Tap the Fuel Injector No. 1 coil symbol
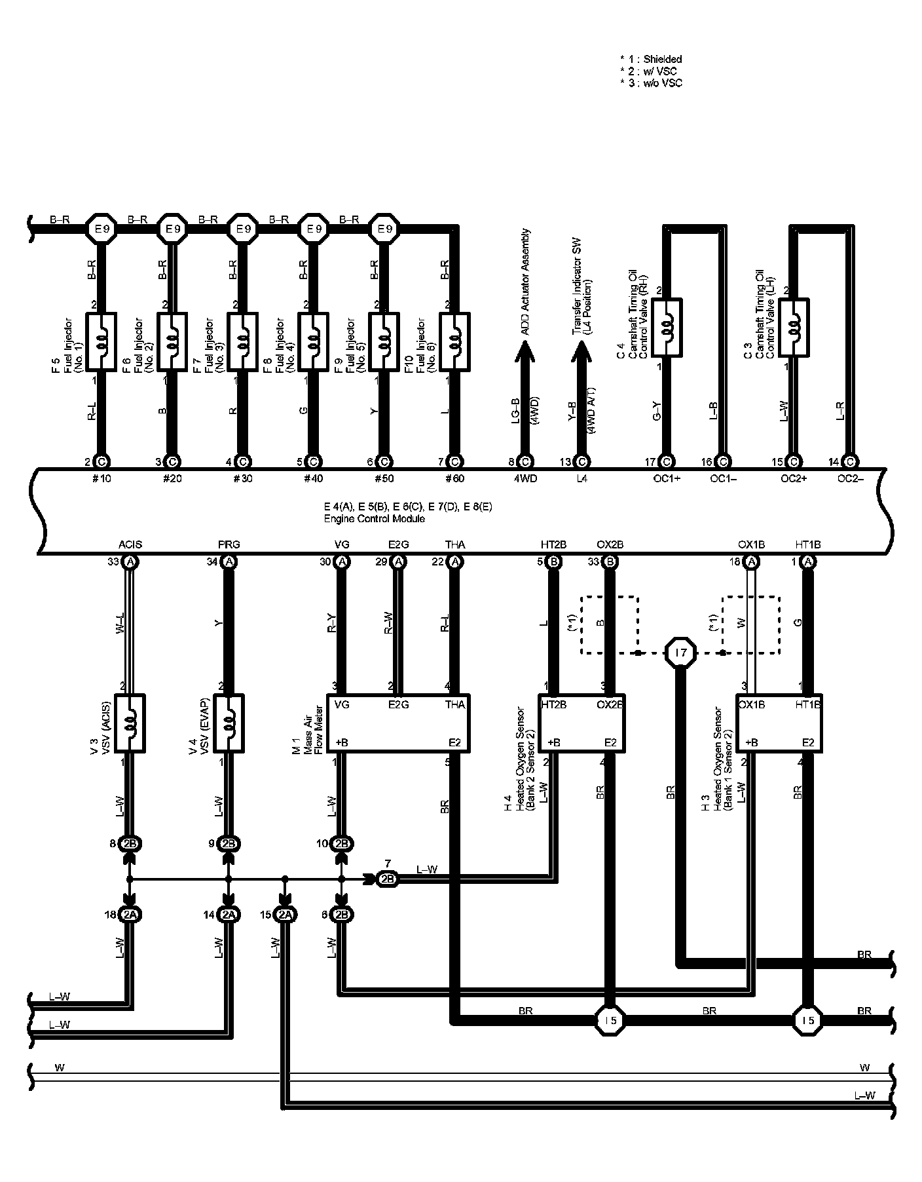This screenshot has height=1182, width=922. point(101,341)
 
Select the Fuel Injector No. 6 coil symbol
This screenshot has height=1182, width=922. point(455,341)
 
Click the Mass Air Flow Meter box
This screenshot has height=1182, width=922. point(399,723)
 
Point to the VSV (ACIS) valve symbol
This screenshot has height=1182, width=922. point(130,723)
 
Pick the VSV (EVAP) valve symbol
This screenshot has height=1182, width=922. point(229,723)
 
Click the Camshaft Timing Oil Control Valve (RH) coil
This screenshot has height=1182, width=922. point(667,328)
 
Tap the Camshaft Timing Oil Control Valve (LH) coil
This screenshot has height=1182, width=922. point(794,328)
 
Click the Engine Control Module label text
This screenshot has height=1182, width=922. point(375,519)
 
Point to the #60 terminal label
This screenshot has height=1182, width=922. point(454,478)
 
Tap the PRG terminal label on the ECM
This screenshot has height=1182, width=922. point(229,544)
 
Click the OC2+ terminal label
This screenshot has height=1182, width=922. point(794,478)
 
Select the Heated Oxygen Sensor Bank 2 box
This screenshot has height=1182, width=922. point(582,723)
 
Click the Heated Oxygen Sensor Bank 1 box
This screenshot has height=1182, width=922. point(779,723)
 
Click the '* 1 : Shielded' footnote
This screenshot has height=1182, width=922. point(651,60)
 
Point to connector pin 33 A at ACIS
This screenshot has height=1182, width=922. point(130,562)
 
